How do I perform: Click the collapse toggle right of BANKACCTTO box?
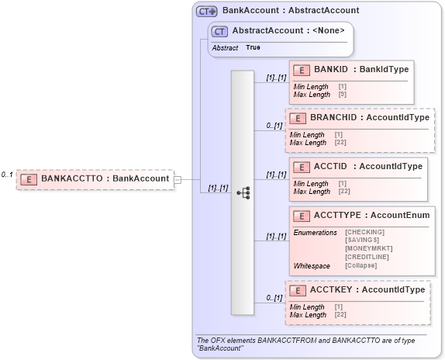coord(178,179)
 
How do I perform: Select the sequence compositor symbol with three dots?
coord(243,192)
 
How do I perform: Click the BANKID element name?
coord(330,70)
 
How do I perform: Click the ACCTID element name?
coord(330,166)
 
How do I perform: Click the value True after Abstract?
coord(253,47)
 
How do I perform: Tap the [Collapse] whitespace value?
coord(361,265)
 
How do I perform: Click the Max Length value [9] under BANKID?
coord(342,94)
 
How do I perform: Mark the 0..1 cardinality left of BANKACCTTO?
coord(7,175)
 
